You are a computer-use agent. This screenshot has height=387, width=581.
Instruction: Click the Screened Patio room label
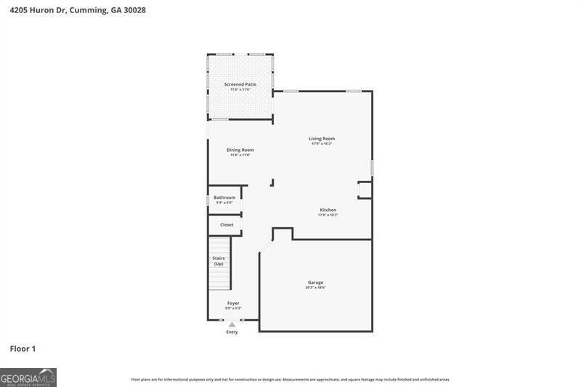click(x=240, y=84)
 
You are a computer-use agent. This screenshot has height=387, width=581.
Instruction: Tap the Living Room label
click(x=322, y=139)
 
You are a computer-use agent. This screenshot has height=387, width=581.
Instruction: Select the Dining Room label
click(x=240, y=150)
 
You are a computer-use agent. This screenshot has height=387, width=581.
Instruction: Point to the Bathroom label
click(x=224, y=197)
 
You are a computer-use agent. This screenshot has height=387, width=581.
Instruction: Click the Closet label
click(x=227, y=225)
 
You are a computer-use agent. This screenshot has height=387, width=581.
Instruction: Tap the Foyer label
click(x=233, y=304)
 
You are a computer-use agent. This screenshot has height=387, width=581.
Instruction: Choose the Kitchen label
click(x=328, y=210)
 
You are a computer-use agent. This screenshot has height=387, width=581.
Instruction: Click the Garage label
click(x=315, y=282)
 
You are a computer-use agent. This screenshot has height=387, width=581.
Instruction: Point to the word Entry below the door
click(x=232, y=333)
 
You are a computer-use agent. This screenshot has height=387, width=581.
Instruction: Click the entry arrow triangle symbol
click(x=232, y=325)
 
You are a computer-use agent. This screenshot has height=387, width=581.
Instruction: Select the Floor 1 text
click(x=23, y=349)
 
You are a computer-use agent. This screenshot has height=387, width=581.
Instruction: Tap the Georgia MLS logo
click(x=28, y=378)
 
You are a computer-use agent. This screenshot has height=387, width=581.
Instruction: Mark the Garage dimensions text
click(x=315, y=288)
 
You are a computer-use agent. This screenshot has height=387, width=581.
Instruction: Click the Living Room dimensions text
click(x=322, y=144)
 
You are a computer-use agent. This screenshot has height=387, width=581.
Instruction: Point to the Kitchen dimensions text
click(x=328, y=215)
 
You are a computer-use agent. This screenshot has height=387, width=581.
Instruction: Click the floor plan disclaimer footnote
click(x=290, y=379)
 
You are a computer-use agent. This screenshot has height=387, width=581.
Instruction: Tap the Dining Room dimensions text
click(x=240, y=155)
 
